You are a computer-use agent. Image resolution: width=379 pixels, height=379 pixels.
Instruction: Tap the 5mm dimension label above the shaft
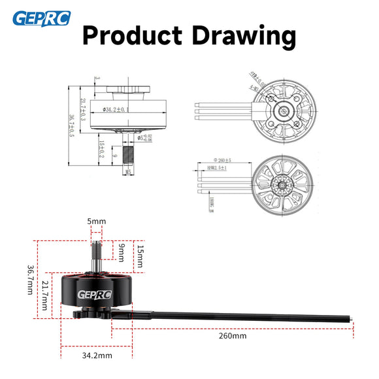[x=96, y=222]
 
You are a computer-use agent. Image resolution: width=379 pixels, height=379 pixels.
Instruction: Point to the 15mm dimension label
[x=139, y=256]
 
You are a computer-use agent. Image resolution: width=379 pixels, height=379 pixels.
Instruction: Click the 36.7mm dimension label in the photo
[x=30, y=280]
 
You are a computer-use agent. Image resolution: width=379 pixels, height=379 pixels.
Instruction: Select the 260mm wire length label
[x=233, y=337]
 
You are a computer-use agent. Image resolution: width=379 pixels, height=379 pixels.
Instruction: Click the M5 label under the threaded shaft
[x=128, y=172]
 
